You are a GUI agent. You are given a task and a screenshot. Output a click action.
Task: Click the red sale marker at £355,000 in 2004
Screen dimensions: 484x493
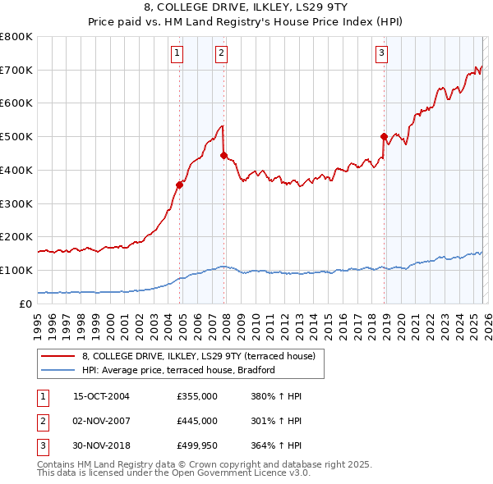coord(179,185)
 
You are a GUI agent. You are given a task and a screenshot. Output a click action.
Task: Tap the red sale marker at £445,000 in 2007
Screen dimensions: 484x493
coord(223,155)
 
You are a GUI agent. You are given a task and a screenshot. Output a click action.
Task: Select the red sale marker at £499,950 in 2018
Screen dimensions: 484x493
coord(384,136)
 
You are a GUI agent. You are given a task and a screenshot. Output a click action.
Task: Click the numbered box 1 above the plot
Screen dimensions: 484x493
coord(177,54)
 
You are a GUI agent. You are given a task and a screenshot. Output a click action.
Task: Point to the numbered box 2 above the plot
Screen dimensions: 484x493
coord(222,54)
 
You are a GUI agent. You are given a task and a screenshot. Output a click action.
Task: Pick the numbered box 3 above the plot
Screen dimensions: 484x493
coord(382,54)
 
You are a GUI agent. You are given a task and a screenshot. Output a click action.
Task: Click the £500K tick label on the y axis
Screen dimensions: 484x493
coord(16,137)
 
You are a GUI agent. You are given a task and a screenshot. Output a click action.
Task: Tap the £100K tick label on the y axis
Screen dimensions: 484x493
coord(16,270)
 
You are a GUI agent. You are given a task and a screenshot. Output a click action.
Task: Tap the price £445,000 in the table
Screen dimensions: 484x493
coord(197,421)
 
